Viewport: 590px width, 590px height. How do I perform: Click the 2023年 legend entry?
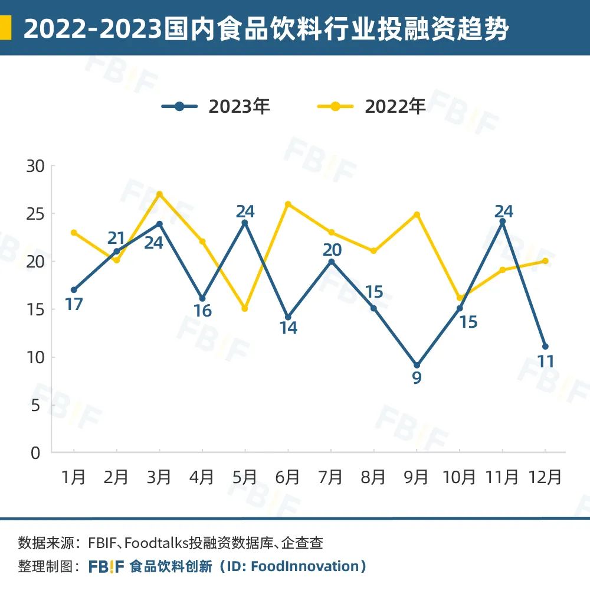(x=216, y=106)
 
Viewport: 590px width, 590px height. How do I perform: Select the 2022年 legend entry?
(x=372, y=106)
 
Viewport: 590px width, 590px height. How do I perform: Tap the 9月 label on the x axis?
(x=417, y=477)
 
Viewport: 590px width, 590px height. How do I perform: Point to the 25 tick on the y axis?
(x=35, y=214)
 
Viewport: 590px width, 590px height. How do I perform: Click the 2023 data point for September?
(x=417, y=366)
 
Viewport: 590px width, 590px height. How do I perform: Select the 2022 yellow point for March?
(x=159, y=194)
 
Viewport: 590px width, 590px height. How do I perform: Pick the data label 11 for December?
(x=546, y=361)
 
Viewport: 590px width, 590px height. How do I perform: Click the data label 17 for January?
(x=73, y=305)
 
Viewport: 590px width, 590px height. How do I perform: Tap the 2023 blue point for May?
(x=245, y=223)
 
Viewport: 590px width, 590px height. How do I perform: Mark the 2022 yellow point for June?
(x=288, y=204)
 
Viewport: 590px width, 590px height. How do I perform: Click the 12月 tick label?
(x=545, y=477)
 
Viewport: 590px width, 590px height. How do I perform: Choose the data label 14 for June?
(x=288, y=328)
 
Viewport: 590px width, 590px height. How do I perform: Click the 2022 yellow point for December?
(x=545, y=261)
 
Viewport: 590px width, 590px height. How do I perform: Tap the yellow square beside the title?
(x=5, y=28)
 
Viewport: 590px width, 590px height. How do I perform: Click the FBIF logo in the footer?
(x=106, y=567)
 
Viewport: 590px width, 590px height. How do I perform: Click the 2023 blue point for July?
(x=331, y=261)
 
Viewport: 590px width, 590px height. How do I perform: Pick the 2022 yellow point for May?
(x=245, y=309)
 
